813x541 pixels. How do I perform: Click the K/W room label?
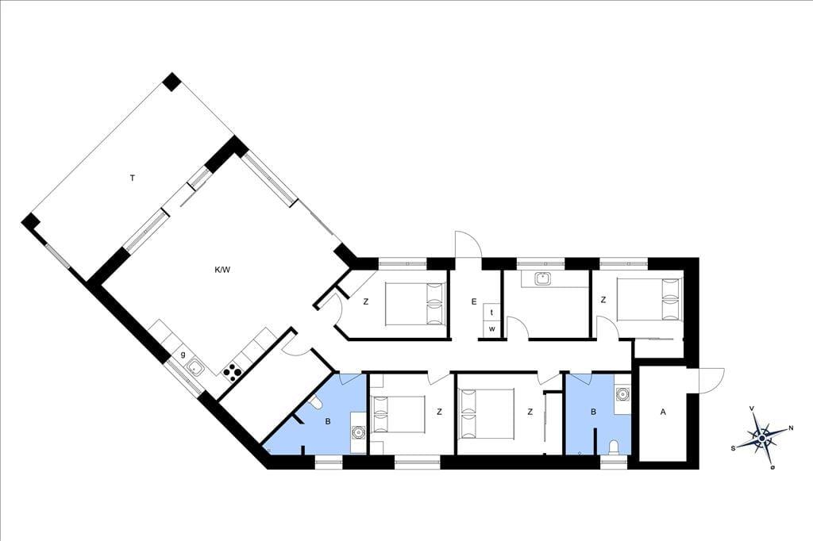point(222,270)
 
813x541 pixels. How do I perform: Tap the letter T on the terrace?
point(133,178)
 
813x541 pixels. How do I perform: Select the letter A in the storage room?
point(663,412)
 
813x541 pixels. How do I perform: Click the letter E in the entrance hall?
point(474,301)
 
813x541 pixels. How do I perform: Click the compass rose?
point(761,439)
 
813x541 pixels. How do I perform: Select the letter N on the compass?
point(791,428)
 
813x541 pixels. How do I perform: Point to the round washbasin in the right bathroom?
point(622,394)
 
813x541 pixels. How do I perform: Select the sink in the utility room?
point(543,278)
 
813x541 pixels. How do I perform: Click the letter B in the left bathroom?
point(328,422)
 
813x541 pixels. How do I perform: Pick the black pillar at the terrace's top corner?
point(171,82)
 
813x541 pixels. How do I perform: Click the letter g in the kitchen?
point(183,355)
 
